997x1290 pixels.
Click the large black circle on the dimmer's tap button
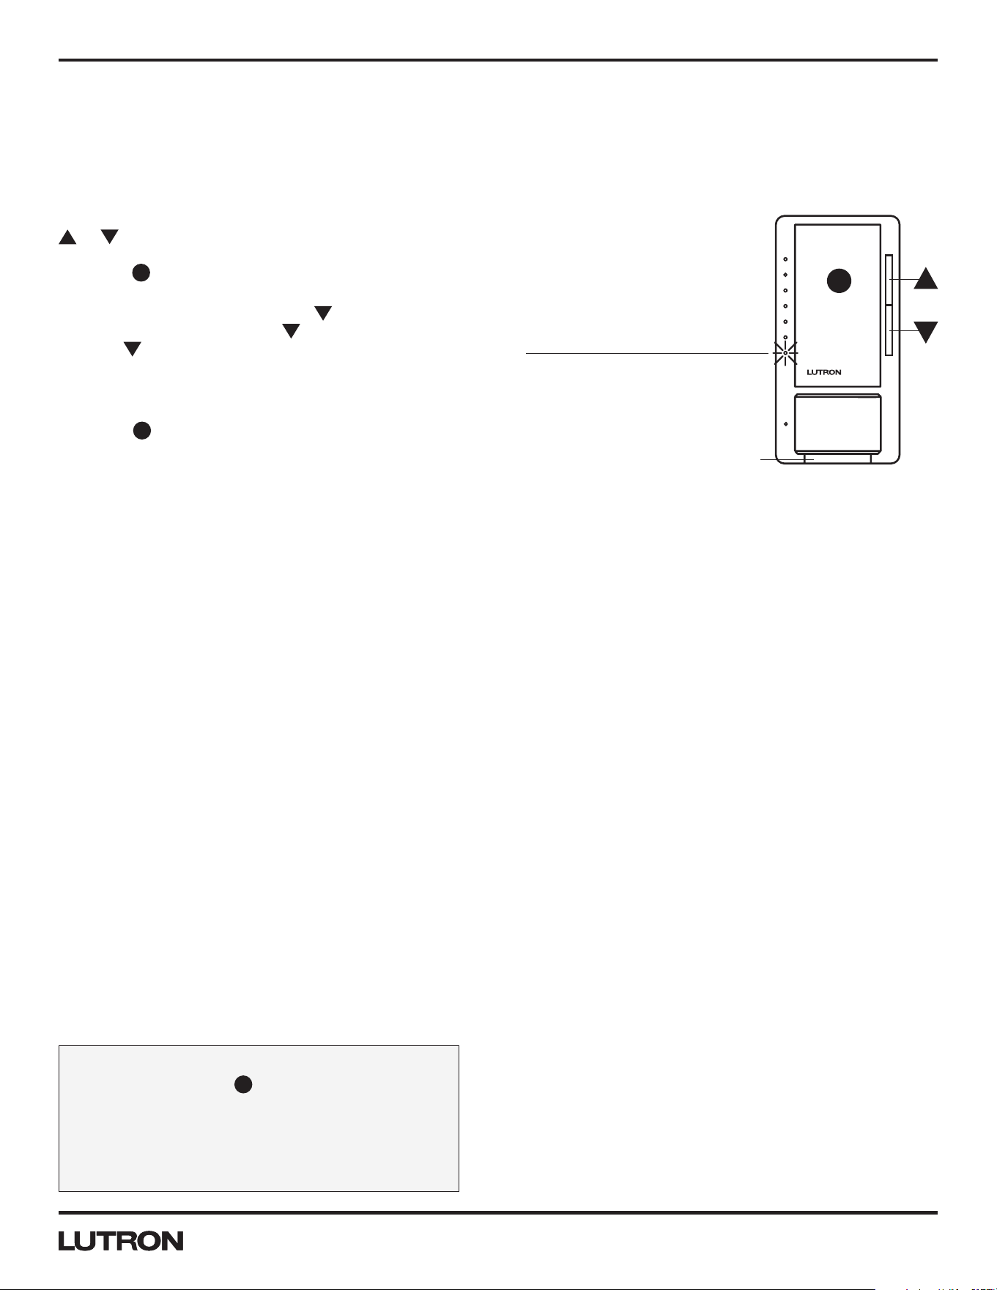coord(839,281)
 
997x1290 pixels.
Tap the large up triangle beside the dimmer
coord(926,278)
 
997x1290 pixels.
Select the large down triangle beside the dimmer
coord(926,331)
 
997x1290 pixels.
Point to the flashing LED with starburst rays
coord(785,353)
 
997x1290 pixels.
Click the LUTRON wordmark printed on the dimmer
coord(824,372)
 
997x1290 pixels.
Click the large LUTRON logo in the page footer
coord(121,1241)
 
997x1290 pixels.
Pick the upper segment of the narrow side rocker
coord(889,280)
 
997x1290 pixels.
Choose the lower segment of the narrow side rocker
coord(889,330)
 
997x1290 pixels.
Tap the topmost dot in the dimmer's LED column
coord(785,259)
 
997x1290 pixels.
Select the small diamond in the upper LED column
coord(785,275)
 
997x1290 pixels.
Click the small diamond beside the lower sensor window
coord(785,424)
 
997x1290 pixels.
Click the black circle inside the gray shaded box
coord(244,1085)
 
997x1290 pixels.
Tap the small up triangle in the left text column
coord(67,237)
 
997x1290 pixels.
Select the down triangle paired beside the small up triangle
coord(110,237)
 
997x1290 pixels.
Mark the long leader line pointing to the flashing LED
coord(649,353)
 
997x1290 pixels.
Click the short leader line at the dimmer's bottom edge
coord(787,460)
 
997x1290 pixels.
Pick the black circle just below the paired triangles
coord(141,273)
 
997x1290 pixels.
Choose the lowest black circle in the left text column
coord(142,430)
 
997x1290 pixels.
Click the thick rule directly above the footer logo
coord(498,1213)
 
